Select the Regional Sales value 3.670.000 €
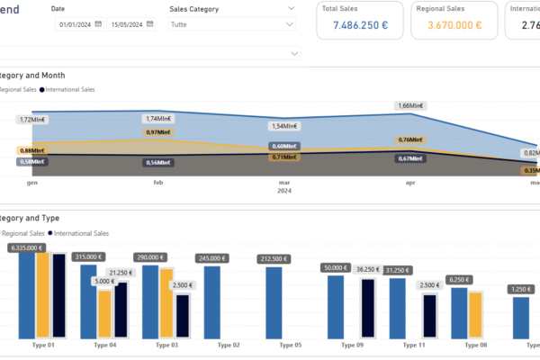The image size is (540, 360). pos(454,25)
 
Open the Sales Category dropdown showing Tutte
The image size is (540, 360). pos(232,26)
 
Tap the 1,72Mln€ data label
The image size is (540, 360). pos(32,119)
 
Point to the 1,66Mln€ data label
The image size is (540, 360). pos(411,105)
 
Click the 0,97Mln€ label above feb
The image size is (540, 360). pos(158,132)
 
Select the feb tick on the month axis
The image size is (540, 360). pos(158,183)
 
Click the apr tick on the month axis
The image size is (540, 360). pos(411,183)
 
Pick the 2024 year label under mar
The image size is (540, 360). pos(284,191)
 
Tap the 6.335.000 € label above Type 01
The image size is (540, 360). pos(28,247)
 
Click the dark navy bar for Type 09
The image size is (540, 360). pos(367,308)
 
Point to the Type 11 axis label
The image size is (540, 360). pos(414,345)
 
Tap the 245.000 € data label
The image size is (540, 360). pos(212,258)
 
